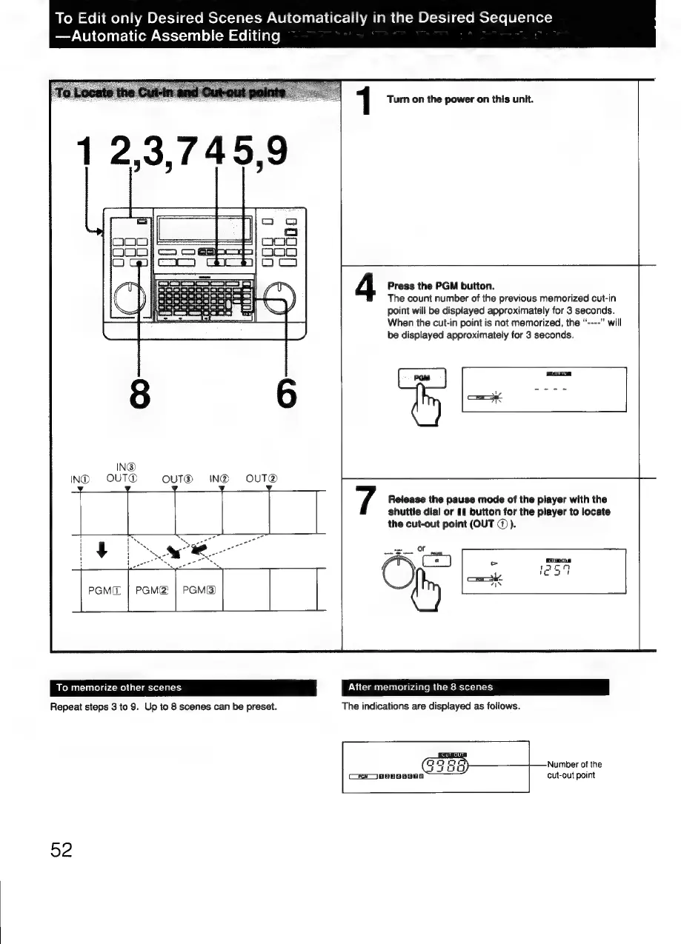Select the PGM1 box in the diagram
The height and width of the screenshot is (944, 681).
tap(104, 590)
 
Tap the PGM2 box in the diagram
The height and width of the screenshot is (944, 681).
tap(151, 590)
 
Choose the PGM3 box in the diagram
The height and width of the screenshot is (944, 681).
tap(199, 590)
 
